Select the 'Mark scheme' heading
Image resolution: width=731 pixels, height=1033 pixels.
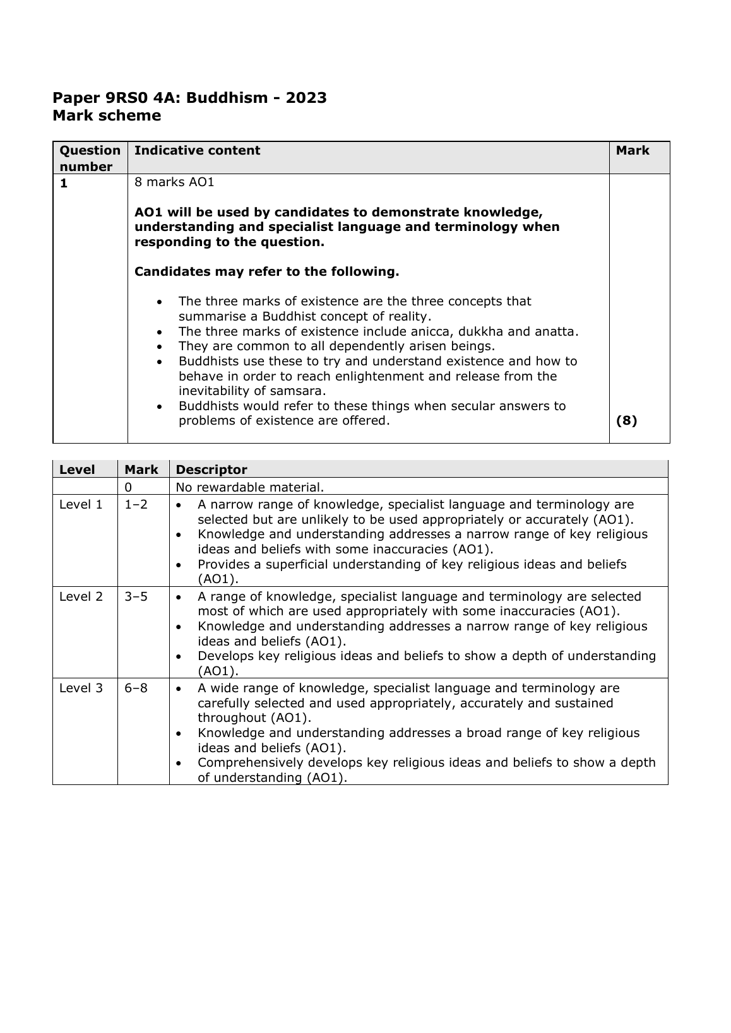coord(107,116)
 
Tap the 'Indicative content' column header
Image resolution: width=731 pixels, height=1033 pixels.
coord(197,151)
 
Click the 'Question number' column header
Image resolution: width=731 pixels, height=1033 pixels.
coord(90,158)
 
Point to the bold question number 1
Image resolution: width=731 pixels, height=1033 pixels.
coord(63,183)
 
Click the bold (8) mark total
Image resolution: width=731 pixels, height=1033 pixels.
coord(626,421)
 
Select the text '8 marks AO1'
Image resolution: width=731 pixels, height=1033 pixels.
coord(174,182)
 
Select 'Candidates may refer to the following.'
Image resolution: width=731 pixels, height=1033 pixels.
coord(267,272)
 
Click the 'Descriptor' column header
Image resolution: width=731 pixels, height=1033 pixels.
coord(211,469)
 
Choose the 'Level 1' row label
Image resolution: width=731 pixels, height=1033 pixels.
coord(81,505)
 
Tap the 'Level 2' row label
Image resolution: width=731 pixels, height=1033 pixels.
coord(81,596)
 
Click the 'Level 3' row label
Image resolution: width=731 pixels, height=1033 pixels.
coord(81,688)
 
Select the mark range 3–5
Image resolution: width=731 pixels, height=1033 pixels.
coord(136,596)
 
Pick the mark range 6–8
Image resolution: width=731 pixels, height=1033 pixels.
coord(136,688)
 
